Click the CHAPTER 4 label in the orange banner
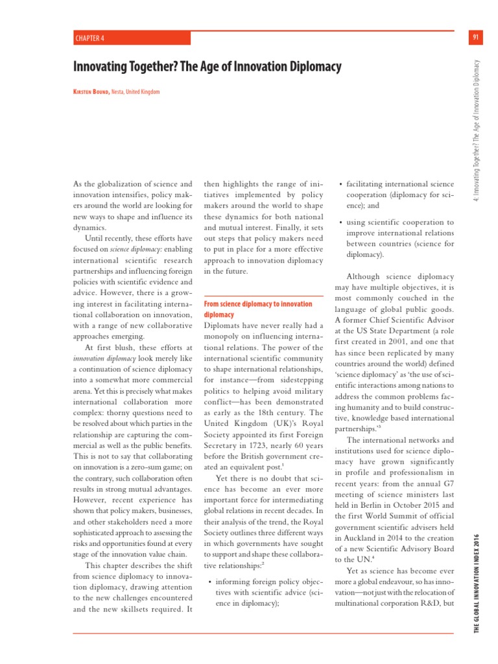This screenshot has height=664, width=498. pos(89,38)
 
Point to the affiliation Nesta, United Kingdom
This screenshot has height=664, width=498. pos(136,92)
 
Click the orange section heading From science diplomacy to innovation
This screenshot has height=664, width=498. pos(257,304)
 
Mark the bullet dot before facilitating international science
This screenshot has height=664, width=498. pos(341,184)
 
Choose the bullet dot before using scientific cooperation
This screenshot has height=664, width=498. pos(341,222)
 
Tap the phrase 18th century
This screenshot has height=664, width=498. pos(279,400)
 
